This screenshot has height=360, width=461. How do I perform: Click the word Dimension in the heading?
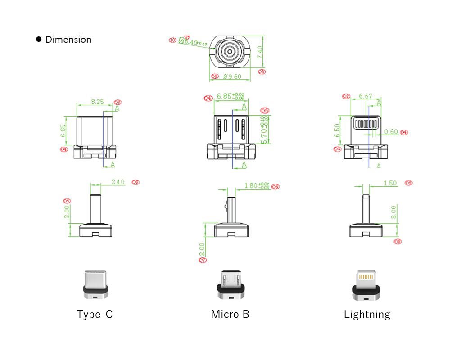coord(68,40)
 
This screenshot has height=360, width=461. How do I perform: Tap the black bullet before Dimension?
coord(39,40)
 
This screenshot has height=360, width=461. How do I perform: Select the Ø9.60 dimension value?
coord(232,76)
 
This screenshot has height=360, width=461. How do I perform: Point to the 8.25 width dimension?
coord(97,102)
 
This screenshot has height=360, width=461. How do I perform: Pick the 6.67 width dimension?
coord(366,96)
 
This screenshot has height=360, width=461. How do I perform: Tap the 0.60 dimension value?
coord(391,132)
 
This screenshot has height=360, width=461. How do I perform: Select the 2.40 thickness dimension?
coord(118,182)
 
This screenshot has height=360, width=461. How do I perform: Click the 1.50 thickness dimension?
coord(390,183)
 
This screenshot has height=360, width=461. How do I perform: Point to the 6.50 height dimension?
coord(337,131)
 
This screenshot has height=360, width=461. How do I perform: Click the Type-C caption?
coord(95,314)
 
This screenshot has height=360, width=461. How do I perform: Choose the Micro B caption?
coord(230,314)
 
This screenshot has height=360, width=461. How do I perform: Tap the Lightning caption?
coord(367,314)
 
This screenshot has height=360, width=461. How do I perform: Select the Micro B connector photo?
coord(230,285)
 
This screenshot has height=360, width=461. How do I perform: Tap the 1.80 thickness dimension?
coord(251,185)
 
